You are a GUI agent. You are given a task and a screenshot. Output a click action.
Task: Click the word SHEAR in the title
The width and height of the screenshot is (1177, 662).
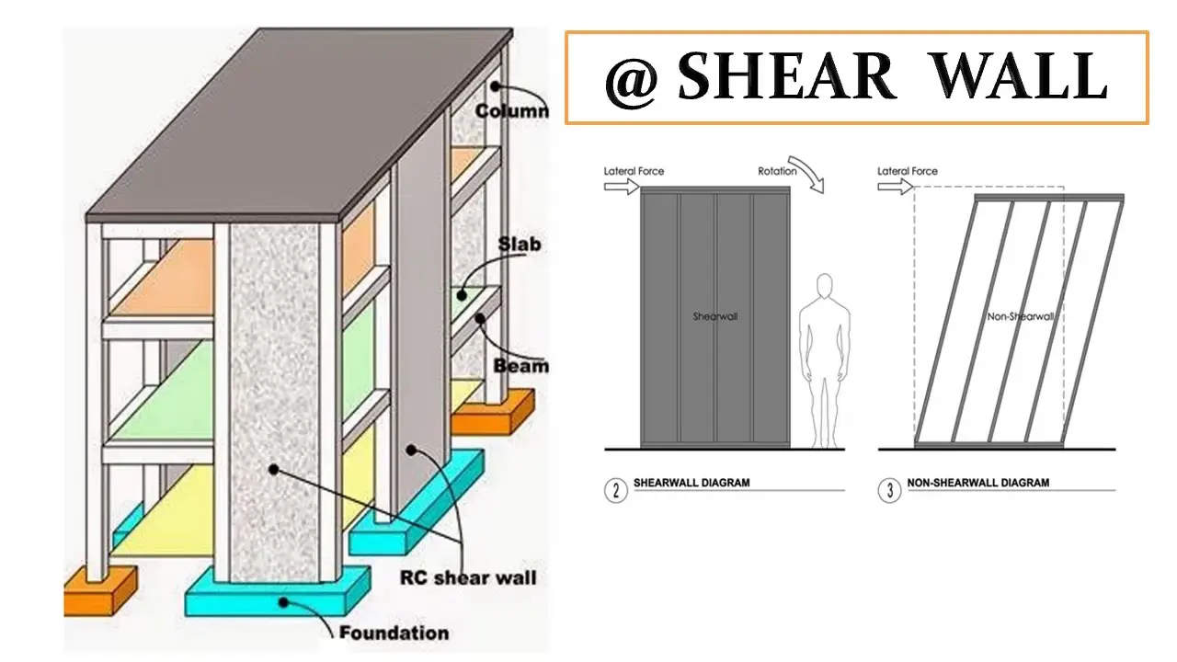786,76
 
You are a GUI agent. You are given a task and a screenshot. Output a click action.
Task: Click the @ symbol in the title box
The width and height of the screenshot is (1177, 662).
631,80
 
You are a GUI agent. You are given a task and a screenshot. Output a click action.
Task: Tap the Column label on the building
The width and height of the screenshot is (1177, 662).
512,111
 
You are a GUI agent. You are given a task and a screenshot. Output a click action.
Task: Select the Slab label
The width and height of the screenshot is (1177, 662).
520,244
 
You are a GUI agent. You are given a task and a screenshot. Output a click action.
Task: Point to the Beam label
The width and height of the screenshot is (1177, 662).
520,366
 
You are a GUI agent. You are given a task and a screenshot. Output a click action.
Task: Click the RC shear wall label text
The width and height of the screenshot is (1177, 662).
468,578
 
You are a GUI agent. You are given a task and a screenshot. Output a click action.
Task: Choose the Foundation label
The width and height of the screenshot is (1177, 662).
394,633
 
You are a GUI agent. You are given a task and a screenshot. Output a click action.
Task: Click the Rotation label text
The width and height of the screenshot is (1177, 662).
777,171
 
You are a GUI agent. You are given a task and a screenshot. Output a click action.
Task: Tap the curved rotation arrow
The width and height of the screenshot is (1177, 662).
808,172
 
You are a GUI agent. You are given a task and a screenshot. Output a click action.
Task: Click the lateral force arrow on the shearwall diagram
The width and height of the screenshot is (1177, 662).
622,187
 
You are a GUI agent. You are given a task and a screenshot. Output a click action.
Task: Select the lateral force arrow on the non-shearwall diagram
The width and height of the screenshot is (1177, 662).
896,187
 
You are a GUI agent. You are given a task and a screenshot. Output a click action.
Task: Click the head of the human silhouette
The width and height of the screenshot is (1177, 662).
825,286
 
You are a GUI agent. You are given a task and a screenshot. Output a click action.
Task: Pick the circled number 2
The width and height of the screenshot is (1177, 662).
616,491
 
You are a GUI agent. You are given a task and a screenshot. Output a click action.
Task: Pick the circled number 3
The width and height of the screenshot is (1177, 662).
889,491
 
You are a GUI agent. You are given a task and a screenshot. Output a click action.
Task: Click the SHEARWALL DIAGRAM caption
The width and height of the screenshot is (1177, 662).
691,483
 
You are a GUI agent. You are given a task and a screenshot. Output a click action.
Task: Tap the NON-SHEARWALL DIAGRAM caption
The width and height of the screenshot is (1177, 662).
978,483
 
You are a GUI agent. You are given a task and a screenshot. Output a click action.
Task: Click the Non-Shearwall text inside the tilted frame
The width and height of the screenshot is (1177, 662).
1021,316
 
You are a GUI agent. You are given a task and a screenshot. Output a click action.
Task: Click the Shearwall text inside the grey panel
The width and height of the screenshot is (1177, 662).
715,316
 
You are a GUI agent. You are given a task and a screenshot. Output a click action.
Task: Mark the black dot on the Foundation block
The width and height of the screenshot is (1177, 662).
284,602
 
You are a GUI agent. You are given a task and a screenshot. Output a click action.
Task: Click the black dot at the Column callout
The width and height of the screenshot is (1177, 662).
496,86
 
